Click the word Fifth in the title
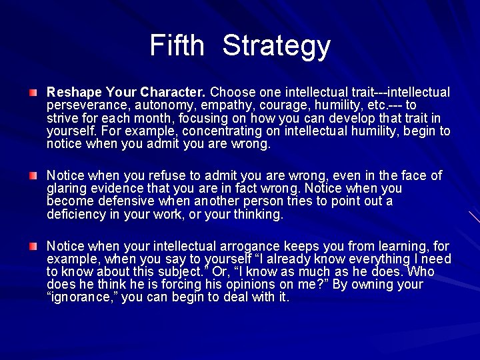coord(177,46)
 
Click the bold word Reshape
coord(72,92)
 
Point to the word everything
coord(355,259)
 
